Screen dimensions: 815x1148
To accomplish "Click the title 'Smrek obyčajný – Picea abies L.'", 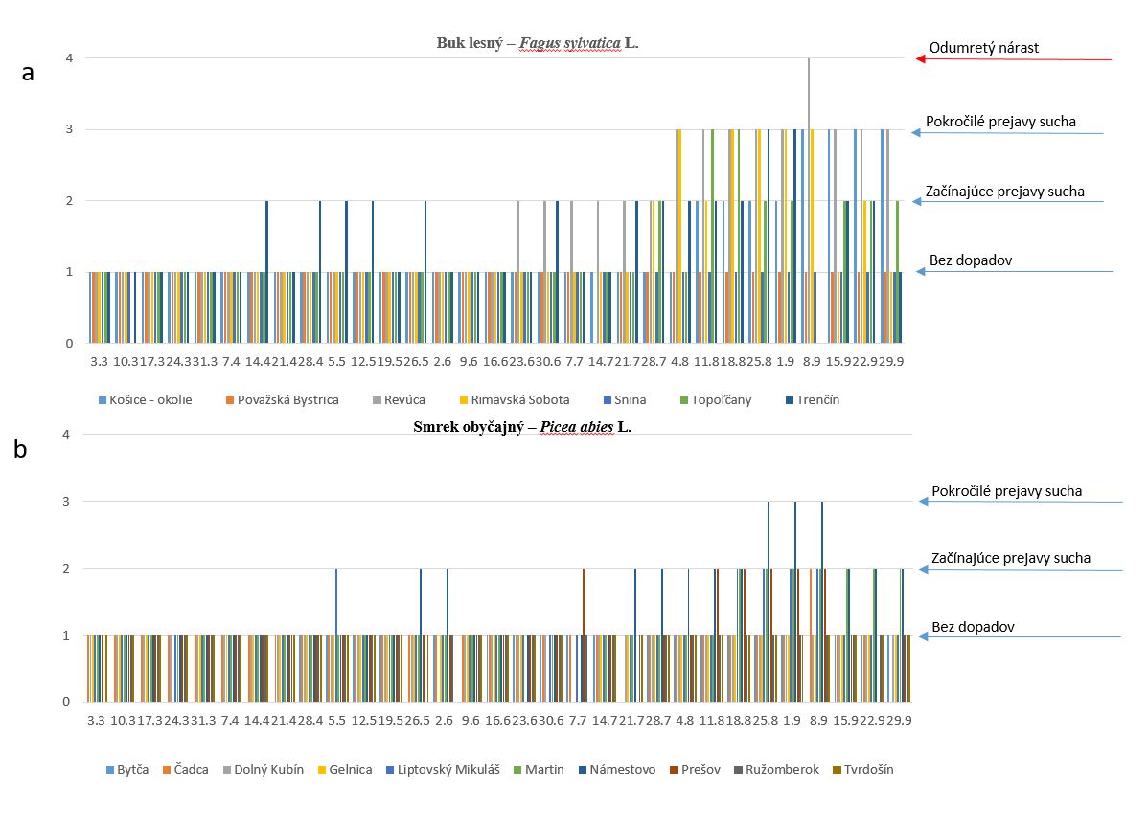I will coord(522,427).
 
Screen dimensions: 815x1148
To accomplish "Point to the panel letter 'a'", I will coord(28,73).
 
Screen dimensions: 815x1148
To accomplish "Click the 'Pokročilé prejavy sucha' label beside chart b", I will coord(1006,491).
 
